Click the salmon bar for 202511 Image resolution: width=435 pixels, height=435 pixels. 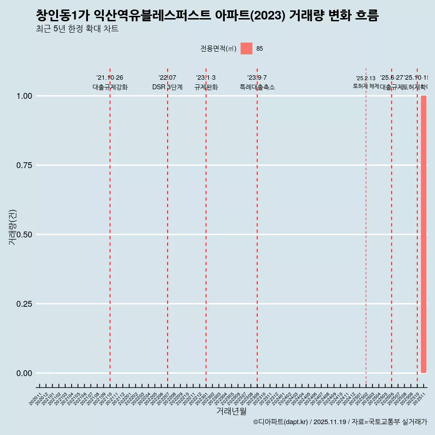[424, 234]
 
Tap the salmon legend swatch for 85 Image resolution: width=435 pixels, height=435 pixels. [246, 48]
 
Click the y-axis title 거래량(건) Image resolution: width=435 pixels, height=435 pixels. [13, 227]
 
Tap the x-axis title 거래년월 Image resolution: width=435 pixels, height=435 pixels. [232, 411]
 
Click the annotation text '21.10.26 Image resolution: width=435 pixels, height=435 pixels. [110, 78]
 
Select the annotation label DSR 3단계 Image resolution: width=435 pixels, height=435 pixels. [167, 87]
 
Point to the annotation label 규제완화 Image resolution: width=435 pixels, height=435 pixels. [206, 87]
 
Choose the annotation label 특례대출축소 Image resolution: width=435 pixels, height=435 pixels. [257, 87]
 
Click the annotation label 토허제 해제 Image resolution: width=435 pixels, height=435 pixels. [366, 86]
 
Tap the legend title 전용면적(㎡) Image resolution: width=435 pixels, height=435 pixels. [218, 48]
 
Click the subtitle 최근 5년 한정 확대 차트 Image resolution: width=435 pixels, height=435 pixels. [77, 29]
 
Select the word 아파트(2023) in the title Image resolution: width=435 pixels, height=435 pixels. [250, 15]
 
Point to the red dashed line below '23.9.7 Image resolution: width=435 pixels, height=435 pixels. [257, 227]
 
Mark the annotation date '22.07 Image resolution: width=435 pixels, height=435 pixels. [167, 78]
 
